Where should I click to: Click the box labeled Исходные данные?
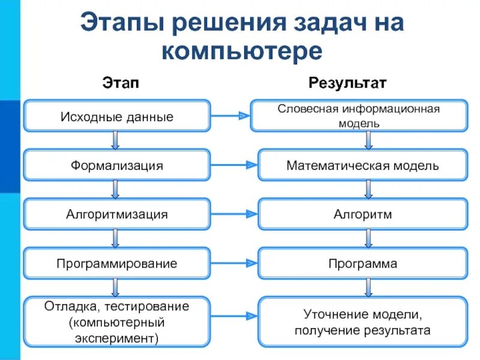[117, 116]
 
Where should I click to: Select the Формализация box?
[117, 165]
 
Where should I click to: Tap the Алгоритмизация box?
[117, 214]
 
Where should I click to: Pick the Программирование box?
[117, 263]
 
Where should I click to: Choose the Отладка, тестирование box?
[117, 322]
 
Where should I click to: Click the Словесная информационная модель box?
[359, 116]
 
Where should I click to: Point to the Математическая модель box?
[362, 165]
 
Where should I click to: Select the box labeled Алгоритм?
[362, 214]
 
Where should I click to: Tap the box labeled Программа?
[362, 263]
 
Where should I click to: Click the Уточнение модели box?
[362, 322]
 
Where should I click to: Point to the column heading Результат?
[347, 82]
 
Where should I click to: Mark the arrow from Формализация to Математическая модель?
[234, 164]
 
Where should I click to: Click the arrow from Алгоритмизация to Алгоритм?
[234, 214]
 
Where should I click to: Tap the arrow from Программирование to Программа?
[234, 263]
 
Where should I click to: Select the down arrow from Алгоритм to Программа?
[368, 239]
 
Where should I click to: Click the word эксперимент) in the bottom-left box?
[117, 338]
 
